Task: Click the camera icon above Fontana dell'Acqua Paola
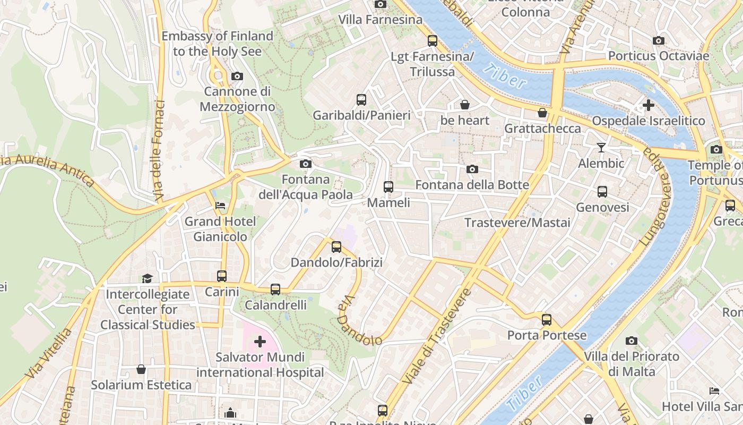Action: [x=305, y=164]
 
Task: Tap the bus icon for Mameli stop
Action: [x=388, y=187]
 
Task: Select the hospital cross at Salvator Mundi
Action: [x=260, y=342]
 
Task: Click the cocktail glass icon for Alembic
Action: [x=601, y=148]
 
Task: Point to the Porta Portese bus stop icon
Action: [x=547, y=320]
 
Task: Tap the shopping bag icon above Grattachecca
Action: [x=542, y=113]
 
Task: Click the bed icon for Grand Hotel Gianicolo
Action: [x=220, y=206]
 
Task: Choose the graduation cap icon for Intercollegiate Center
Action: [x=147, y=278]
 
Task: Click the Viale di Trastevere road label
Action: [x=437, y=336]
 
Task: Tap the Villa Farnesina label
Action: [x=381, y=20]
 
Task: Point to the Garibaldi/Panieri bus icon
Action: [x=361, y=100]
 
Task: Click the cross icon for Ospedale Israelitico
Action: [x=648, y=105]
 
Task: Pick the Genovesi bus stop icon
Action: [x=602, y=192]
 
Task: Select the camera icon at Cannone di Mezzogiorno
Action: [x=237, y=76]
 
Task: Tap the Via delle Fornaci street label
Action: [x=159, y=150]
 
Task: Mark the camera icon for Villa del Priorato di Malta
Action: [x=631, y=341]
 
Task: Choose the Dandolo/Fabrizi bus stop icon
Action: [x=336, y=247]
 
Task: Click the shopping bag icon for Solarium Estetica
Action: [x=141, y=369]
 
